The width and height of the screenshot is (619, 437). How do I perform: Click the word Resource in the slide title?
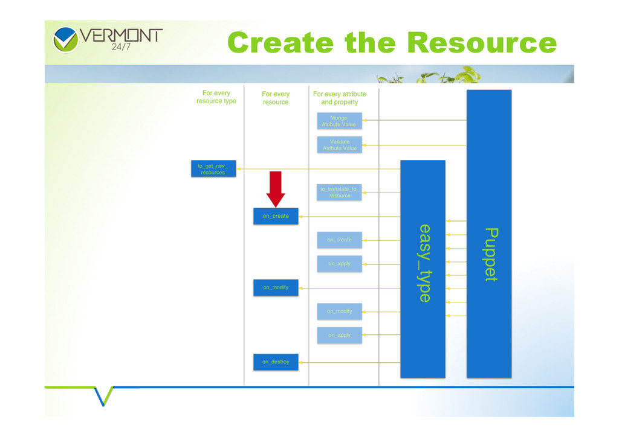[x=482, y=43]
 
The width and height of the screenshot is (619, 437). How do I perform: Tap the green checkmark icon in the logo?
[x=65, y=39]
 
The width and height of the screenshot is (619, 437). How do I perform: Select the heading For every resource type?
[x=216, y=97]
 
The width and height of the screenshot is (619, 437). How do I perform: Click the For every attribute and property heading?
[x=340, y=98]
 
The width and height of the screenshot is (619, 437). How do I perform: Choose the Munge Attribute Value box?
[x=339, y=121]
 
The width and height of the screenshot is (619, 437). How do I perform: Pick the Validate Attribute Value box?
[x=339, y=145]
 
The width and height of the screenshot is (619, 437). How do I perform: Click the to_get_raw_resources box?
[x=213, y=169]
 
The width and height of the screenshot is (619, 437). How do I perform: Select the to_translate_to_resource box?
[x=339, y=193]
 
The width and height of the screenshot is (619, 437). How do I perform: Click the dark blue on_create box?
[x=276, y=216]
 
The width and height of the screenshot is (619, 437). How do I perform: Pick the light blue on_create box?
[x=339, y=240]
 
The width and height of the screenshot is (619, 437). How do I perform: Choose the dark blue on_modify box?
[x=276, y=288]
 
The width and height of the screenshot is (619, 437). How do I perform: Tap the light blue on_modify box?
[x=339, y=311]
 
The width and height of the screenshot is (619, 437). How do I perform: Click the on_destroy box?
[x=276, y=362]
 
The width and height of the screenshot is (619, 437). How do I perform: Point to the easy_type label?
[x=425, y=263]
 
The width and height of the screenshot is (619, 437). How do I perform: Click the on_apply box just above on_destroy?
[x=339, y=336]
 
